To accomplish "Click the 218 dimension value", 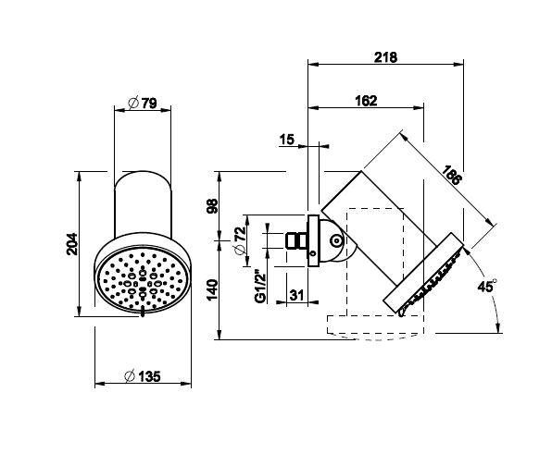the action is [x=385, y=57].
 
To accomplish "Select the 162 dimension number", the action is [x=366, y=101].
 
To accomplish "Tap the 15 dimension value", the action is [x=287, y=140].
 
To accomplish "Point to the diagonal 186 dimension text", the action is [x=451, y=175].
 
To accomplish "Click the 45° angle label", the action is [x=487, y=286].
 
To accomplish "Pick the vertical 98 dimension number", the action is [x=212, y=206].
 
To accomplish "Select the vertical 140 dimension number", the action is [x=212, y=290].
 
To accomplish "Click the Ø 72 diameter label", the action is [x=240, y=240].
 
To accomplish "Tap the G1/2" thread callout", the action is [x=260, y=287].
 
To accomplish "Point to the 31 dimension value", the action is [x=296, y=295].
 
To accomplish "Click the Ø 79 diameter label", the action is [x=143, y=104].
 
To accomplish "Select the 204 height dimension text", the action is [x=71, y=244].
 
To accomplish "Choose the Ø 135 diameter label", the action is [x=143, y=376].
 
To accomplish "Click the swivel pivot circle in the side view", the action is [x=336, y=240].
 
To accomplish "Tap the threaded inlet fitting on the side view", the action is [x=296, y=240].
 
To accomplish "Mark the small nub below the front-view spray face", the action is [x=143, y=312].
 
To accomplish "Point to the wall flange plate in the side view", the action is [x=313, y=240].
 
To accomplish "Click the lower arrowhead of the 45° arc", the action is [x=497, y=328].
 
